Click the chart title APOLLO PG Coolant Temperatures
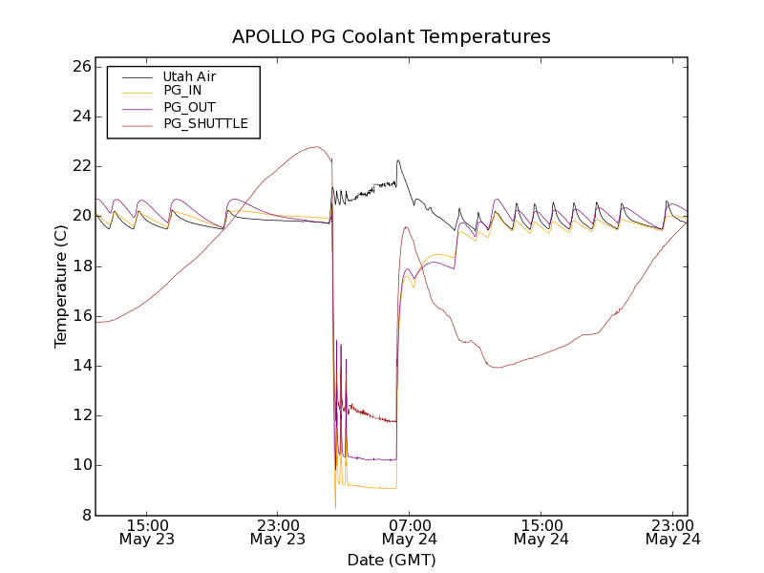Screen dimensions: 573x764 [x=392, y=36]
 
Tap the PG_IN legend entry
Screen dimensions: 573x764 [x=182, y=91]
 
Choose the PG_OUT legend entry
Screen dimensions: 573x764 [x=189, y=107]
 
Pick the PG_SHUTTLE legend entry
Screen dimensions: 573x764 [x=205, y=123]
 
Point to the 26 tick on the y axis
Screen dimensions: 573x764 [x=80, y=67]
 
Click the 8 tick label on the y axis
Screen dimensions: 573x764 [x=85, y=515]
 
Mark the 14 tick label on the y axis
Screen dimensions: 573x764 [x=80, y=366]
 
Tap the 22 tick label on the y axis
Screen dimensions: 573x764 [x=80, y=166]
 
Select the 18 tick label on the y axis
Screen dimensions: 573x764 [x=80, y=265]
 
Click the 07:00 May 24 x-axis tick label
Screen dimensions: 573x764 [x=409, y=532]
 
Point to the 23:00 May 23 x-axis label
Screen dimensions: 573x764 [x=277, y=532]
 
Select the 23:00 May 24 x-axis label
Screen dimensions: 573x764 [x=672, y=532]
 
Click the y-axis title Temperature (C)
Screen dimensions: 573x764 [x=61, y=286]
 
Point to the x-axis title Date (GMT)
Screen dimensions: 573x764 [x=392, y=560]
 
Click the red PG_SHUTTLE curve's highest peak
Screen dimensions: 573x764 [x=315, y=147]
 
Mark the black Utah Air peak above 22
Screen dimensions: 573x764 [x=398, y=160]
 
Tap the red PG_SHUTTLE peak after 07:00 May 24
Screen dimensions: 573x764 [x=406, y=227]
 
